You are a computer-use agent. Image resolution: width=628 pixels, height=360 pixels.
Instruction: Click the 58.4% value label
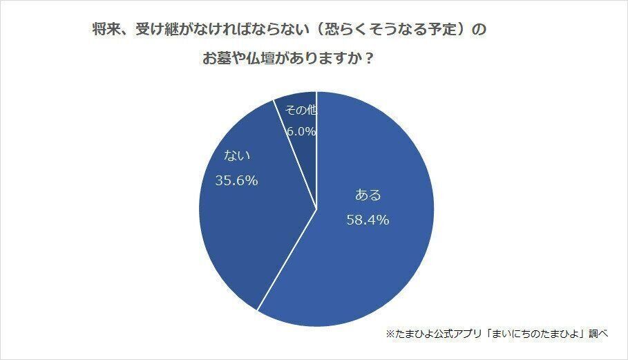pyautogui.click(x=368, y=220)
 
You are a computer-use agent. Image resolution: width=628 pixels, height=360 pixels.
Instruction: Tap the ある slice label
pyautogui.click(x=368, y=196)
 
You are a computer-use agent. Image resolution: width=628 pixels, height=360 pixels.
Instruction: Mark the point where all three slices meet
pyautogui.click(x=316, y=209)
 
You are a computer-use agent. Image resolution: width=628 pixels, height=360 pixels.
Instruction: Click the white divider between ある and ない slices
pyautogui.click(x=287, y=258)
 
